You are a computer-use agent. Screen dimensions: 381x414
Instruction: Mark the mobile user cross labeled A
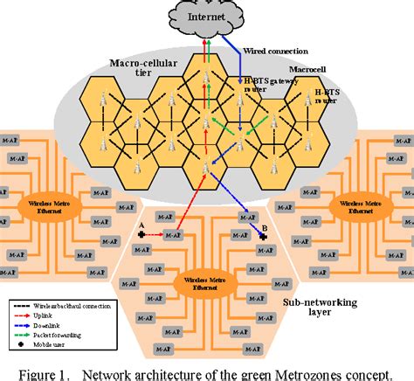[x=141, y=235]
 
